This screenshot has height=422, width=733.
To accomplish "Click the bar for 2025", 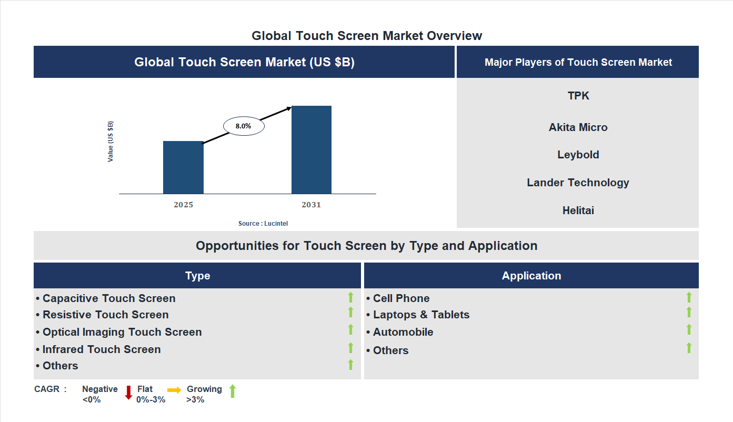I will click(x=183, y=167).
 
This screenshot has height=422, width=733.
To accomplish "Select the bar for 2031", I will click(x=312, y=150).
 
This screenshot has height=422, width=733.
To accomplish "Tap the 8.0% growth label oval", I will click(x=244, y=126).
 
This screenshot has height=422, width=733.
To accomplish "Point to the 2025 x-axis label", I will click(x=183, y=205).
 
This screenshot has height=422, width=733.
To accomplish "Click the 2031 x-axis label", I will click(x=311, y=205).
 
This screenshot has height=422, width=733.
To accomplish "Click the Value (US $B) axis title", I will click(x=111, y=142).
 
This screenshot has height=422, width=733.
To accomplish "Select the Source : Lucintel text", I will click(x=263, y=224).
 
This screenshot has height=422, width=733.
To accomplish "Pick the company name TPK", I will click(x=578, y=96).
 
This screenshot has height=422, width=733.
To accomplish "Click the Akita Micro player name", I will click(x=578, y=127).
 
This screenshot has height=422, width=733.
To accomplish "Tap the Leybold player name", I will click(x=578, y=155).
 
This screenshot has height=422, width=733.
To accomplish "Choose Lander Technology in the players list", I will click(x=578, y=183).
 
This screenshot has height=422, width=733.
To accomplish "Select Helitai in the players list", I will click(x=578, y=210).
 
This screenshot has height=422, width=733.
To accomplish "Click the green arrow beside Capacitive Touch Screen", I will click(x=350, y=298).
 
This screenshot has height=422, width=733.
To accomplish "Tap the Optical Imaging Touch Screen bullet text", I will click(x=122, y=332).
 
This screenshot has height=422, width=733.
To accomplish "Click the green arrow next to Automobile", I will click(x=689, y=330).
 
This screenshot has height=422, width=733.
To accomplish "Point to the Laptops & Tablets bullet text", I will click(x=421, y=315).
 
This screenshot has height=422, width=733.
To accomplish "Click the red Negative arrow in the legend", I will click(x=128, y=393).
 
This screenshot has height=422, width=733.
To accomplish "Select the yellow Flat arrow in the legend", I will click(x=174, y=390).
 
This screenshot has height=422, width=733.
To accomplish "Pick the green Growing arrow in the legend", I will click(x=233, y=391).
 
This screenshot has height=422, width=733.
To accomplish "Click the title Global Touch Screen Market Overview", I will click(x=367, y=36).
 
